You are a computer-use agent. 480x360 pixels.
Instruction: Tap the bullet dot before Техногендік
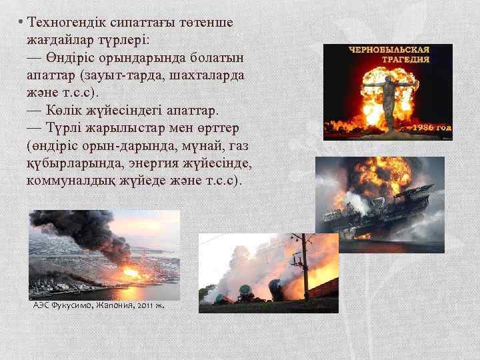pos(21,23)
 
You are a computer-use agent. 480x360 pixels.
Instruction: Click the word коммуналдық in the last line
pos(63,180)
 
